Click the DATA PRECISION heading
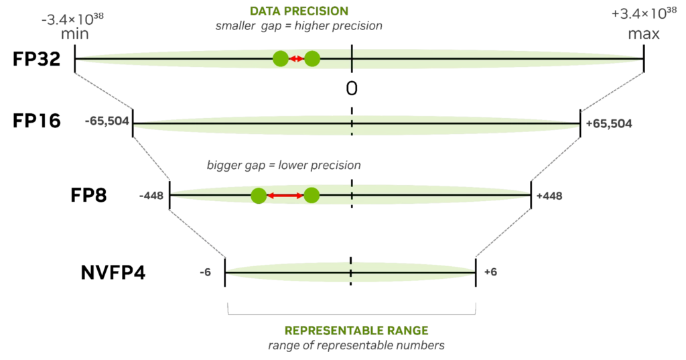pyautogui.click(x=298, y=11)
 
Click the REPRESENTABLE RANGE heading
pyautogui.click(x=356, y=331)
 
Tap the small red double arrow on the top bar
pyautogui.click(x=295, y=59)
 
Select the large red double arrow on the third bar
pyautogui.click(x=285, y=196)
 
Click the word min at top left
pyautogui.click(x=74, y=35)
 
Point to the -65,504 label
pyautogui.click(x=105, y=123)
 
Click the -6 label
pyautogui.click(x=206, y=273)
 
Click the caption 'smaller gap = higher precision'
pyautogui.click(x=299, y=26)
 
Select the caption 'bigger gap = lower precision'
pyautogui.click(x=285, y=165)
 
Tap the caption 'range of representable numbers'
pyautogui.click(x=356, y=346)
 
